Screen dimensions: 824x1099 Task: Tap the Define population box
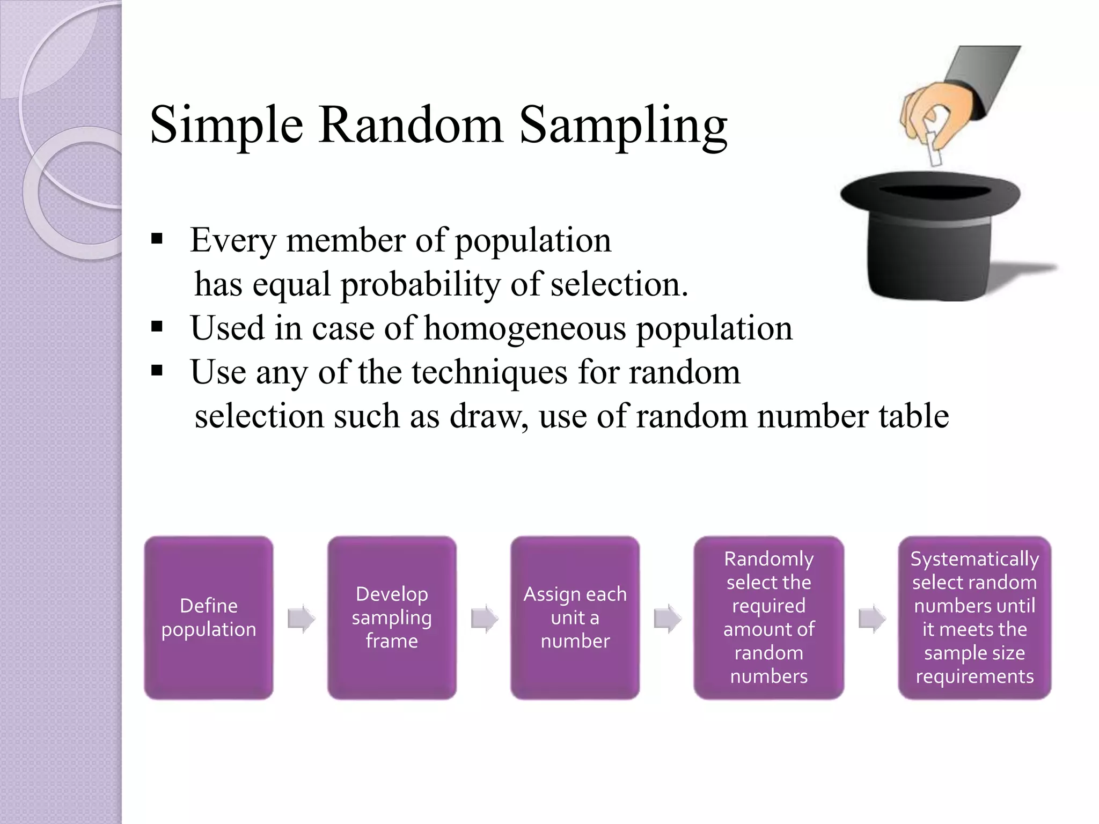point(209,617)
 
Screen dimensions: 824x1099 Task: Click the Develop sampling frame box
point(392,617)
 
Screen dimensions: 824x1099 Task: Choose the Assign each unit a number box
point(575,617)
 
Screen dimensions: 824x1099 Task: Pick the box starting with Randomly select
point(768,617)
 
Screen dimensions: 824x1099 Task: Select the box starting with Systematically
point(974,617)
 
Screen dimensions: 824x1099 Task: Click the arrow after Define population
point(301,619)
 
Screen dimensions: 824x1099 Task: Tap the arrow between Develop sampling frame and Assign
point(484,619)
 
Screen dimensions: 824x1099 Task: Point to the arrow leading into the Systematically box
point(872,619)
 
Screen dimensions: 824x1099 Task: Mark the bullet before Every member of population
point(157,239)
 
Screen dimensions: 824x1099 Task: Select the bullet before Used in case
point(157,327)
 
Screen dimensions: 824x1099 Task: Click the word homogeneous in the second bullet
point(525,328)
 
